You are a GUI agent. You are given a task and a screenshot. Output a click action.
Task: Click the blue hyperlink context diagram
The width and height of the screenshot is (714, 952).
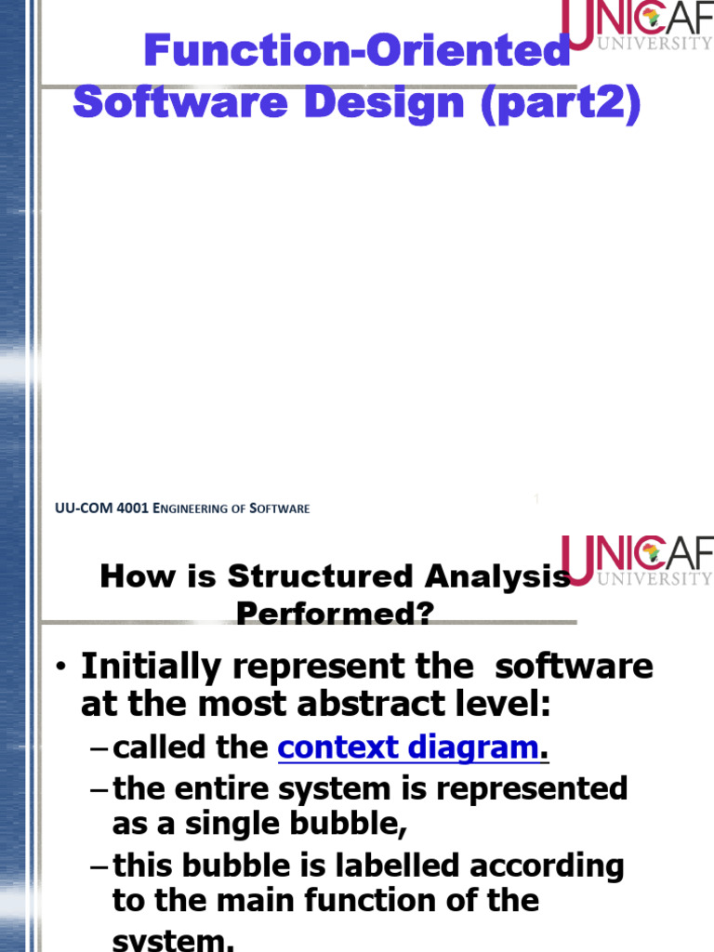(409, 747)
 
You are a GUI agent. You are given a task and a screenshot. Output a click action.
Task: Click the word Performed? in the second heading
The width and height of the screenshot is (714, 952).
(335, 613)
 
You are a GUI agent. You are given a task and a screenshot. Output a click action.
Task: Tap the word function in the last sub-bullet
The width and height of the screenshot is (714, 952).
(413, 900)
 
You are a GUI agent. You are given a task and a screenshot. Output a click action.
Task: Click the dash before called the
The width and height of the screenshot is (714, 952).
(100, 748)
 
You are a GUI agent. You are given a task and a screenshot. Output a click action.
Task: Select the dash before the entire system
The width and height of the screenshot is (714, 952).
(100, 790)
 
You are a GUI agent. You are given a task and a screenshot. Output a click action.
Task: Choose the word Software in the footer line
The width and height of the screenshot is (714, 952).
(281, 509)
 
